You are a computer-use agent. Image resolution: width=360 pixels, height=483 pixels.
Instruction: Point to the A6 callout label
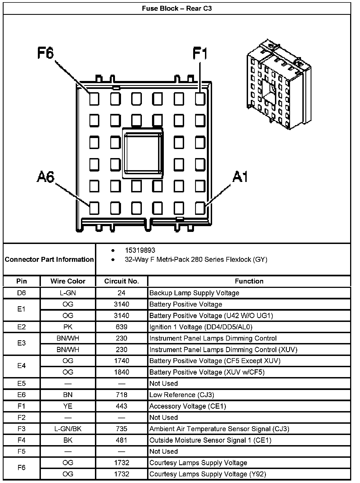pyautogui.click(x=46, y=177)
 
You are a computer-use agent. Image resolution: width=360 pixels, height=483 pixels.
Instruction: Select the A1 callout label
pyautogui.click(x=240, y=177)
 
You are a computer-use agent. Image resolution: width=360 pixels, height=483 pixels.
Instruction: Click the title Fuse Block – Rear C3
pyautogui.click(x=177, y=9)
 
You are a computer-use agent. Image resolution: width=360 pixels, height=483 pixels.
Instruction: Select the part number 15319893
pyautogui.click(x=140, y=250)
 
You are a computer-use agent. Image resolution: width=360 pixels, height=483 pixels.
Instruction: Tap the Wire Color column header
pyautogui.click(x=68, y=281)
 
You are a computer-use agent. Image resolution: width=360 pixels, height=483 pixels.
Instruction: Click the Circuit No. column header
pyautogui.click(x=122, y=281)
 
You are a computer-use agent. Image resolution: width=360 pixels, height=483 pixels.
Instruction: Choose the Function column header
pyautogui.click(x=249, y=281)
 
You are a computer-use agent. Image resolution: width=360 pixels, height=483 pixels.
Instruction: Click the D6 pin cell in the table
pyautogui.click(x=21, y=293)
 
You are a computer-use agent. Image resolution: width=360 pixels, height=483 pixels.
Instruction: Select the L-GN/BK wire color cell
pyautogui.click(x=68, y=429)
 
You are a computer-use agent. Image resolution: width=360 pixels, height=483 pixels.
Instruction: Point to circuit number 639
pyautogui.click(x=122, y=327)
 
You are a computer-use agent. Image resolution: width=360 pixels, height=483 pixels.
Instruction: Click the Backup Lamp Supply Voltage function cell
pyautogui.click(x=194, y=293)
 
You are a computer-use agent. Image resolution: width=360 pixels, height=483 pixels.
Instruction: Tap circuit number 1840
pyautogui.click(x=122, y=372)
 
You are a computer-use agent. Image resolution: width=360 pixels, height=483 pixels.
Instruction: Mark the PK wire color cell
pyautogui.click(x=68, y=327)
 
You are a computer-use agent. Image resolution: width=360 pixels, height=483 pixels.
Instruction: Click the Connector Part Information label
pyautogui.click(x=49, y=259)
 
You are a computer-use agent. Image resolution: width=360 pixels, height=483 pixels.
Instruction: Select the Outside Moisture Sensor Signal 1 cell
pyautogui.click(x=210, y=440)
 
